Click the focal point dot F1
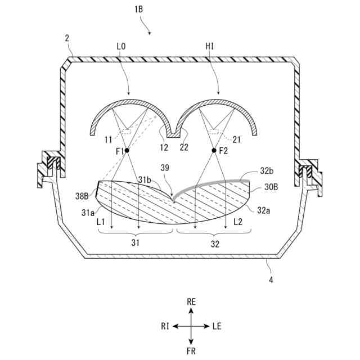tap(128, 150)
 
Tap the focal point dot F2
tap(214, 150)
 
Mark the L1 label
tap(101, 223)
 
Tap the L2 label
tap(238, 223)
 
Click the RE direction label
tap(191, 302)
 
